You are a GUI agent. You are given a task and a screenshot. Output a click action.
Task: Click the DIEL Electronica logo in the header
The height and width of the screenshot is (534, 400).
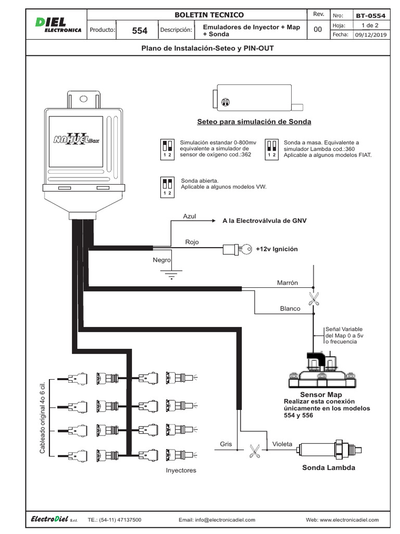coord(58,25)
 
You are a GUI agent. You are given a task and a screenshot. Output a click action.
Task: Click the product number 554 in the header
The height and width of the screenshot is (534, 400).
coord(140,31)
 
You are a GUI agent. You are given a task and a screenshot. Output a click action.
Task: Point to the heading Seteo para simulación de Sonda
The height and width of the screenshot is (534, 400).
coord(254,122)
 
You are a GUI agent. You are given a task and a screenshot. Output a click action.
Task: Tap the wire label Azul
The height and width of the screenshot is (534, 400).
coord(189,216)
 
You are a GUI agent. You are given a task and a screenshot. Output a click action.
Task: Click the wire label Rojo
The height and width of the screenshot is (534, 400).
coord(192,242)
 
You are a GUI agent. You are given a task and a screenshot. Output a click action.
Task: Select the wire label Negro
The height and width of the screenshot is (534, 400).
coord(161,260)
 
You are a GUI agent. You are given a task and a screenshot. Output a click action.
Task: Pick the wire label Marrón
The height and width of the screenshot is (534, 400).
coord(287,283)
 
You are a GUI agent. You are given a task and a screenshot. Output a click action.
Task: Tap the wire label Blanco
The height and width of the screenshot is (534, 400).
coord(290,309)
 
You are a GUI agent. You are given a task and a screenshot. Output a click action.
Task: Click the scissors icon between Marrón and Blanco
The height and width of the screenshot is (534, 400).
coord(314,298)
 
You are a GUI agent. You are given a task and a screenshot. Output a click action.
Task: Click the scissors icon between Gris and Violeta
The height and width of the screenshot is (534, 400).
coord(255,451)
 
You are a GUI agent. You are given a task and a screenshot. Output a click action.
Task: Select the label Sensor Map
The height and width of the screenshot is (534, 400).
coord(321,394)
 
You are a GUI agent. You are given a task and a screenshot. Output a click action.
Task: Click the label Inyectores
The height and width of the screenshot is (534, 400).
coord(181,470)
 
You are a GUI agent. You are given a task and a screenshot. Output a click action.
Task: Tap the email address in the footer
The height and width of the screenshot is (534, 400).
coord(217,520)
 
